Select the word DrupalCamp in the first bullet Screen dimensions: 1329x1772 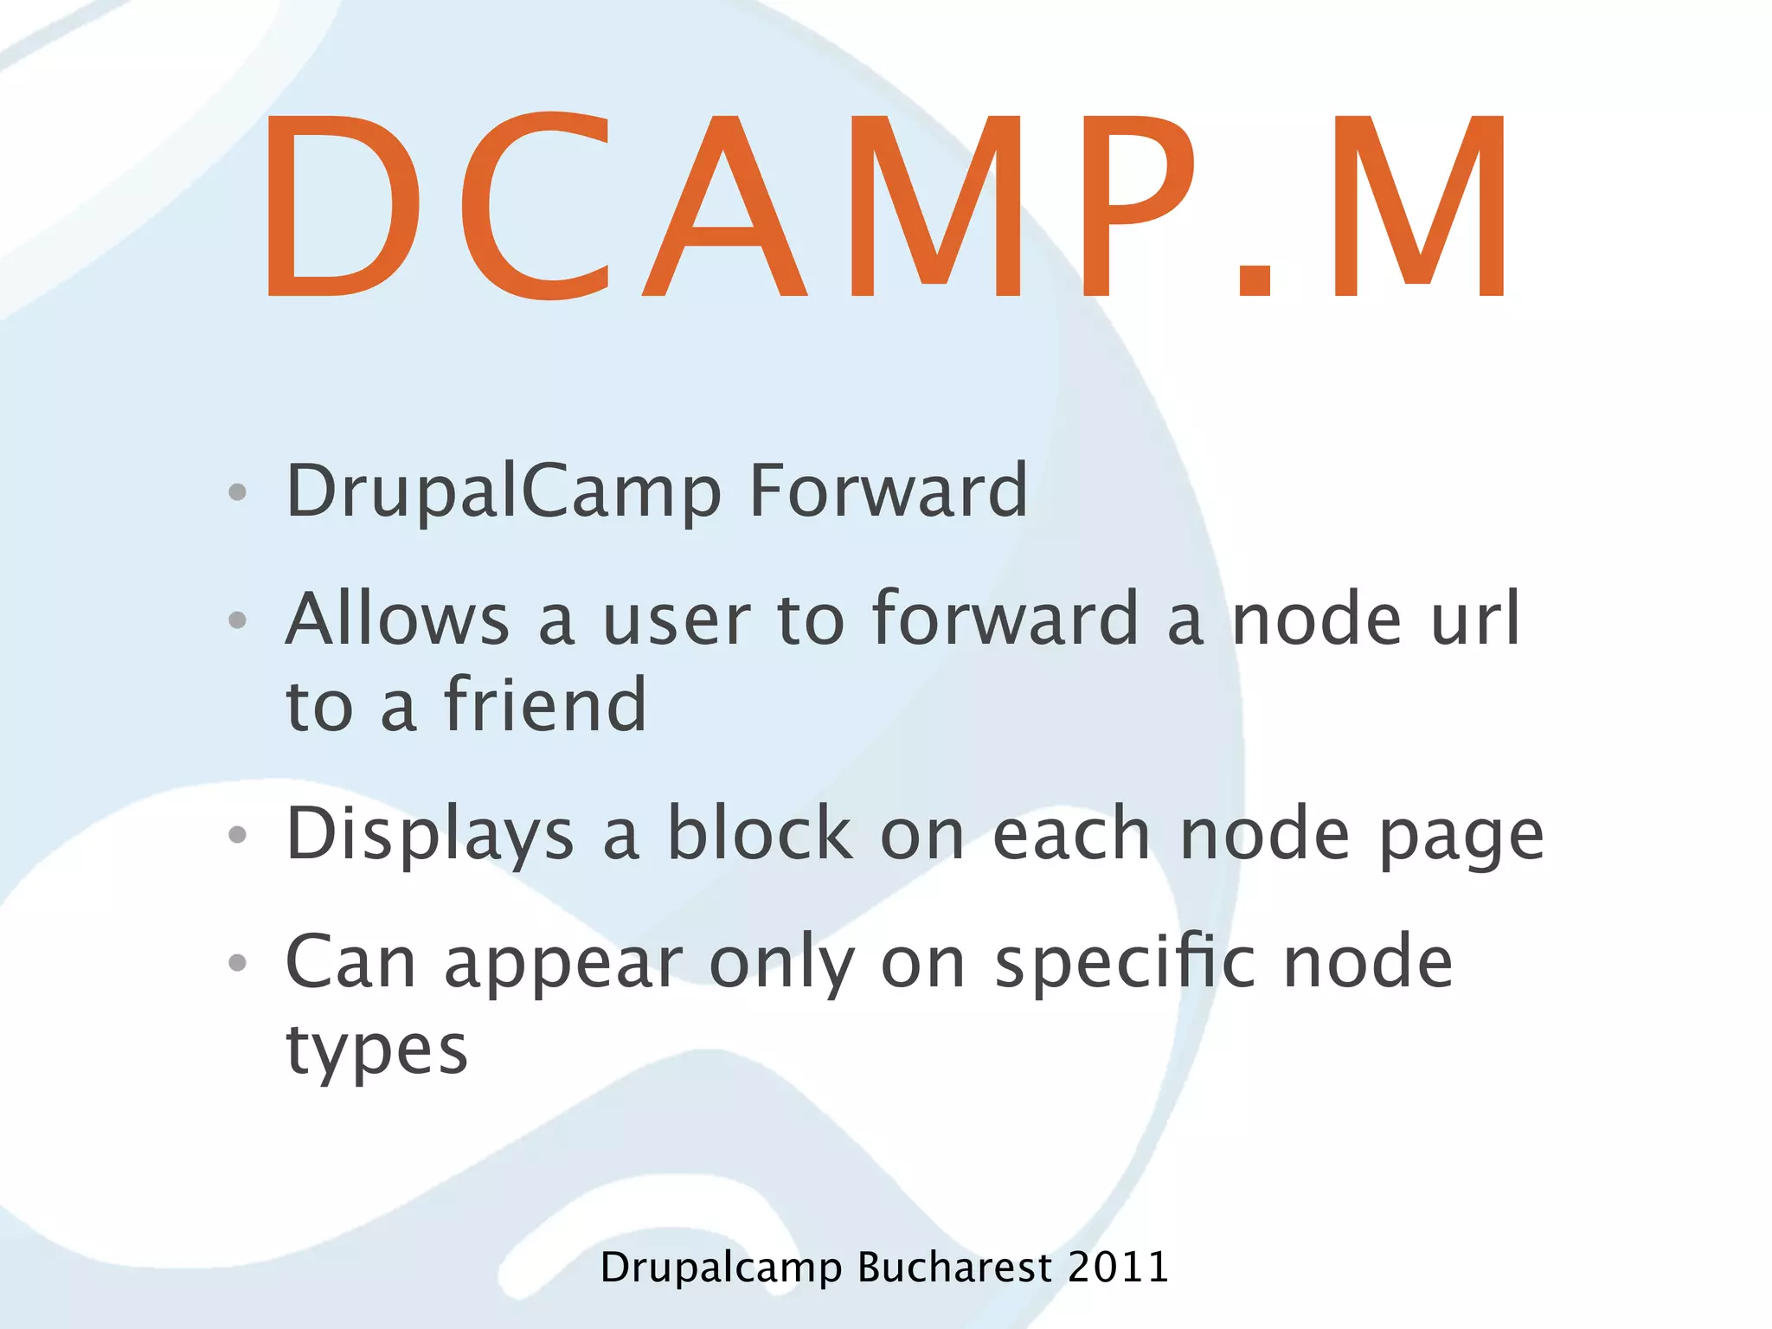pyautogui.click(x=504, y=491)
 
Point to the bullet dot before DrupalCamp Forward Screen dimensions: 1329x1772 pyautogui.click(x=237, y=492)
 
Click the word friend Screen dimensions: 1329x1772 pyautogui.click(x=545, y=704)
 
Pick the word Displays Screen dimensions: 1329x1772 pyautogui.click(x=430, y=835)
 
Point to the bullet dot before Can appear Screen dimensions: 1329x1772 pyautogui.click(x=237, y=962)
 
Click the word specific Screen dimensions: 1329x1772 pyautogui.click(x=1125, y=962)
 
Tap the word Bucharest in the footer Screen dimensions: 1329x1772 pyautogui.click(x=955, y=1268)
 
